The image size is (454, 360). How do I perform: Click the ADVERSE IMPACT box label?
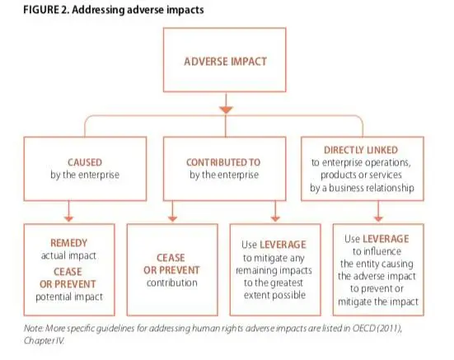(225, 62)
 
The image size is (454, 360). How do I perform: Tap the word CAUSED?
(85, 162)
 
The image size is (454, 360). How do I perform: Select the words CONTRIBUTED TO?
(223, 162)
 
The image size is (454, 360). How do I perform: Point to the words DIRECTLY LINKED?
(361, 150)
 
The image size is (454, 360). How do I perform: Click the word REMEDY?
(68, 243)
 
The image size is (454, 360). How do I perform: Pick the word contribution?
(172, 283)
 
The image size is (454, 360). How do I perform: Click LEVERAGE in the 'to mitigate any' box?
(283, 245)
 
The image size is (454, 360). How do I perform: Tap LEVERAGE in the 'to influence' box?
(386, 239)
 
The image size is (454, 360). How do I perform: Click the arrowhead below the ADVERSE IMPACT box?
(226, 110)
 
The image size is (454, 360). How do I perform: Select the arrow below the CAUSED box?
(68, 211)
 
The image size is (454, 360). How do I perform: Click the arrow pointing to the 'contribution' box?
(172, 211)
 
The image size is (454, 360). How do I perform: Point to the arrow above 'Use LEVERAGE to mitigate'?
(275, 211)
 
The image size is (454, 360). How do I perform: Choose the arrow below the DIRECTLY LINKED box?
(378, 211)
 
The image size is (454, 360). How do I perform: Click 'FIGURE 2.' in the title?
(46, 10)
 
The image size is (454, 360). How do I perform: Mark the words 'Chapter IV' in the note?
(44, 340)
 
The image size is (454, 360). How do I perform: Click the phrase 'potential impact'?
(69, 297)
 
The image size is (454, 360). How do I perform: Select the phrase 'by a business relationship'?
(362, 188)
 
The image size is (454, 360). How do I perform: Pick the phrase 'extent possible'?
(274, 295)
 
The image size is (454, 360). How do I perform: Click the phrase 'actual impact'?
(68, 255)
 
